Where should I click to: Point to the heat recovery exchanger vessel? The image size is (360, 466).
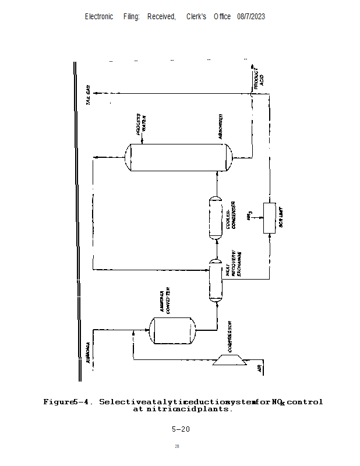(216, 280)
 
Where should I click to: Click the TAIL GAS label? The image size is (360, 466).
(89, 95)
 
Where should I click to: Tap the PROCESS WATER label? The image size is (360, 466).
(141, 124)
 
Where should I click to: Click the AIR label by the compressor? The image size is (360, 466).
(260, 368)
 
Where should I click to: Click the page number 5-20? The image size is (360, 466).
(181, 429)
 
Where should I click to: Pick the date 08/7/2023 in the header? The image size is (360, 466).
(251, 17)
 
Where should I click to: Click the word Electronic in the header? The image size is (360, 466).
(99, 17)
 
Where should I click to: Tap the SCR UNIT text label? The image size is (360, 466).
(281, 218)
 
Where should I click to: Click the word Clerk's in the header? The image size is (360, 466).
(196, 17)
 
